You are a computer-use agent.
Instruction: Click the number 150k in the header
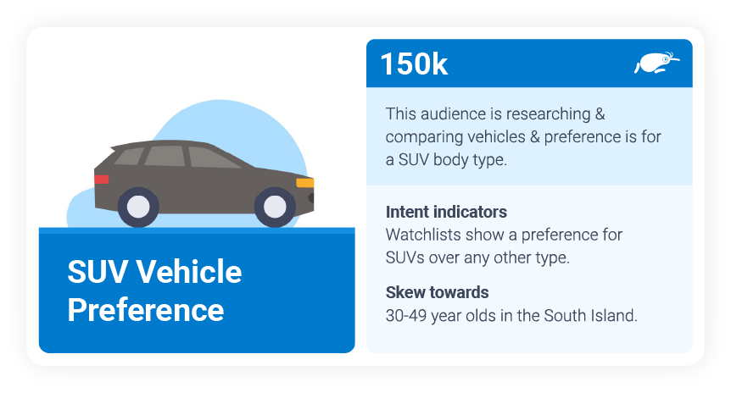click(414, 64)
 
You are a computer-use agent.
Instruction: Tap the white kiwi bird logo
click(656, 63)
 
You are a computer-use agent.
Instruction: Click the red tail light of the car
click(102, 180)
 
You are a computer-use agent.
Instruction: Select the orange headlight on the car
click(304, 182)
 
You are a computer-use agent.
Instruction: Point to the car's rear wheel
click(138, 207)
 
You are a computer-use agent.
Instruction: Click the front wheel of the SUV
click(275, 207)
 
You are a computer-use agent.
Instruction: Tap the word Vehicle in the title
click(189, 273)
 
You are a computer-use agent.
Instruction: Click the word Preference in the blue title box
click(145, 309)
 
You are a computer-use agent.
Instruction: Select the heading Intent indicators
click(446, 212)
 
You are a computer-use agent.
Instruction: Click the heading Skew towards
click(437, 293)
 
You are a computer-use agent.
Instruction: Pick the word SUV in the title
click(98, 273)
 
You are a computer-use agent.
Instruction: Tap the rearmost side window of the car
click(130, 156)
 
